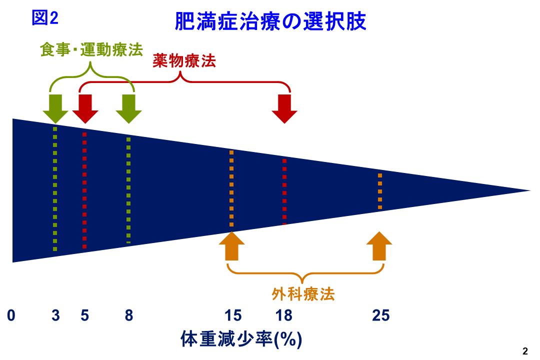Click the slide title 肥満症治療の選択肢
point(270,21)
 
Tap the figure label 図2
point(45,18)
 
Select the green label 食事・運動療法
point(91,50)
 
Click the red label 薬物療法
point(184,61)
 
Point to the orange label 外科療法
point(303,293)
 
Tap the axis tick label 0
point(11,315)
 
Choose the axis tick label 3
point(55,315)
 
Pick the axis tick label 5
point(84,315)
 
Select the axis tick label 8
point(129,315)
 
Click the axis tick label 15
point(232,315)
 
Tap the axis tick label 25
point(380,315)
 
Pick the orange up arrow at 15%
point(232,246)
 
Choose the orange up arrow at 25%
point(379,246)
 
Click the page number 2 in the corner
point(525,351)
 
